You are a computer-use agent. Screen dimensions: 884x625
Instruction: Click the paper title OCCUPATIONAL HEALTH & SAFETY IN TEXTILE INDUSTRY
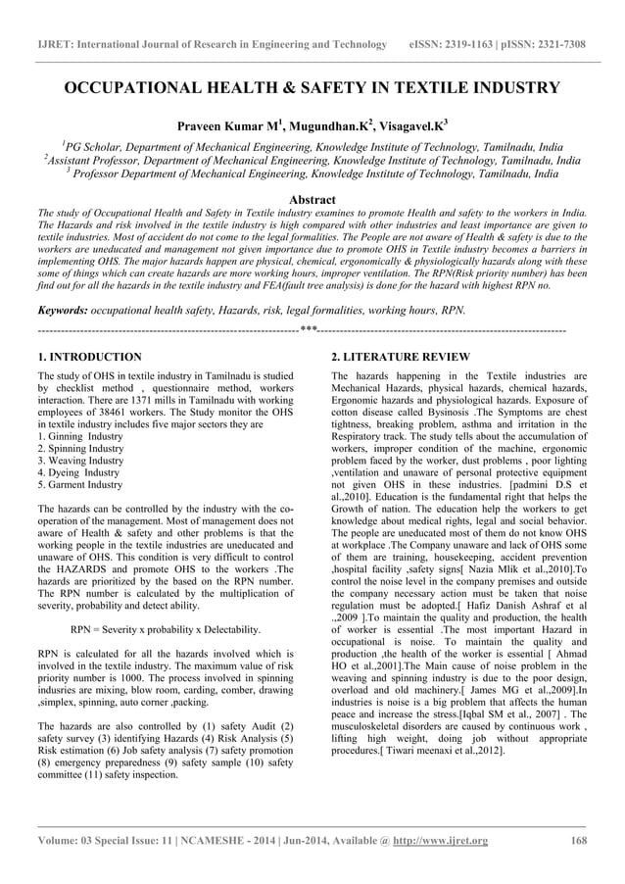pos(312,87)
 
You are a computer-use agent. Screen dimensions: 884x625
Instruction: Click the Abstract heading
pos(312,199)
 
